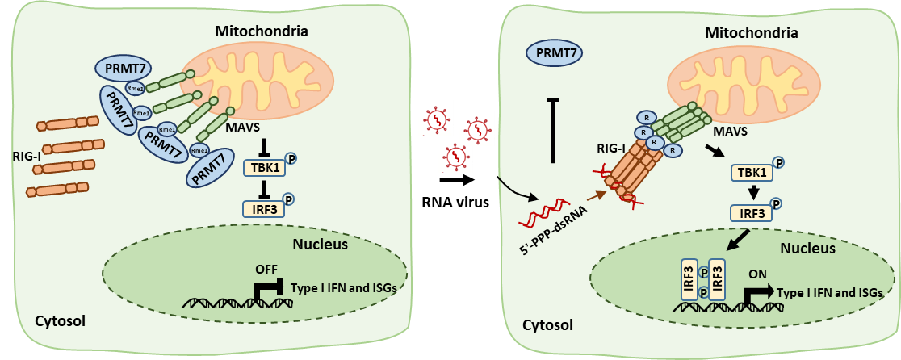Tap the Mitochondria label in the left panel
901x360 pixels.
click(x=262, y=31)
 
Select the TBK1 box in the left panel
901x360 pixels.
click(x=264, y=168)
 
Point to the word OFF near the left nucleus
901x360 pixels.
click(x=266, y=269)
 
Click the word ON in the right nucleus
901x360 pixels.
click(x=759, y=274)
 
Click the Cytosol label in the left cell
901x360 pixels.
click(x=61, y=321)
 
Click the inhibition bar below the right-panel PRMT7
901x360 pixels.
click(x=553, y=129)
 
